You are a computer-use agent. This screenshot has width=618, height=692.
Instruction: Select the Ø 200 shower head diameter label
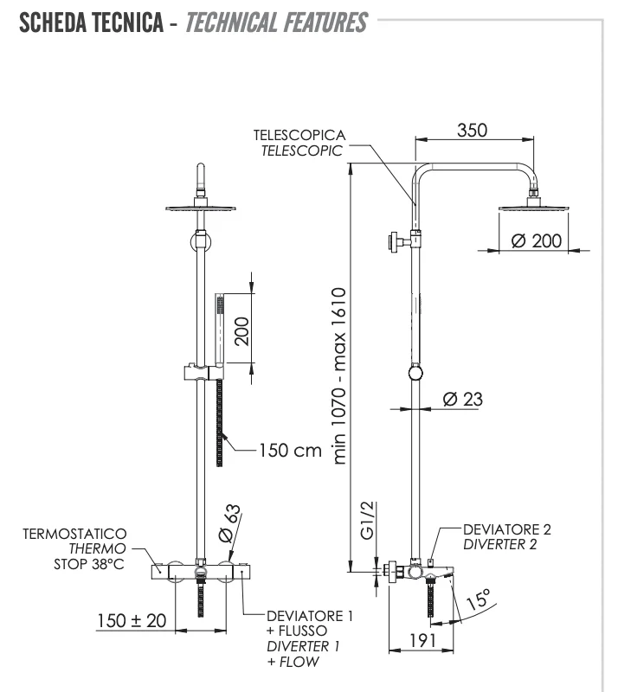coord(536,240)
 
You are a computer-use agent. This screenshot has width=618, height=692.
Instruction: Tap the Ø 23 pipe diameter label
coord(462,400)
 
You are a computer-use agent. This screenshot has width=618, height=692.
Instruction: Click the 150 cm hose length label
coord(290,451)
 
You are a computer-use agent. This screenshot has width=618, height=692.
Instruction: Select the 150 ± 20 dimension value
coord(132,621)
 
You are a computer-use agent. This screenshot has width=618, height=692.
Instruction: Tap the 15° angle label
coord(478,598)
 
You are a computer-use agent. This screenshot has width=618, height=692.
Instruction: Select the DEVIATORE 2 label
coord(506,529)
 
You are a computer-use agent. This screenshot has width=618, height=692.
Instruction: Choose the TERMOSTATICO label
coord(75,534)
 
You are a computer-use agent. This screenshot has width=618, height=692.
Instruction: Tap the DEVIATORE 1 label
coord(310,616)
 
